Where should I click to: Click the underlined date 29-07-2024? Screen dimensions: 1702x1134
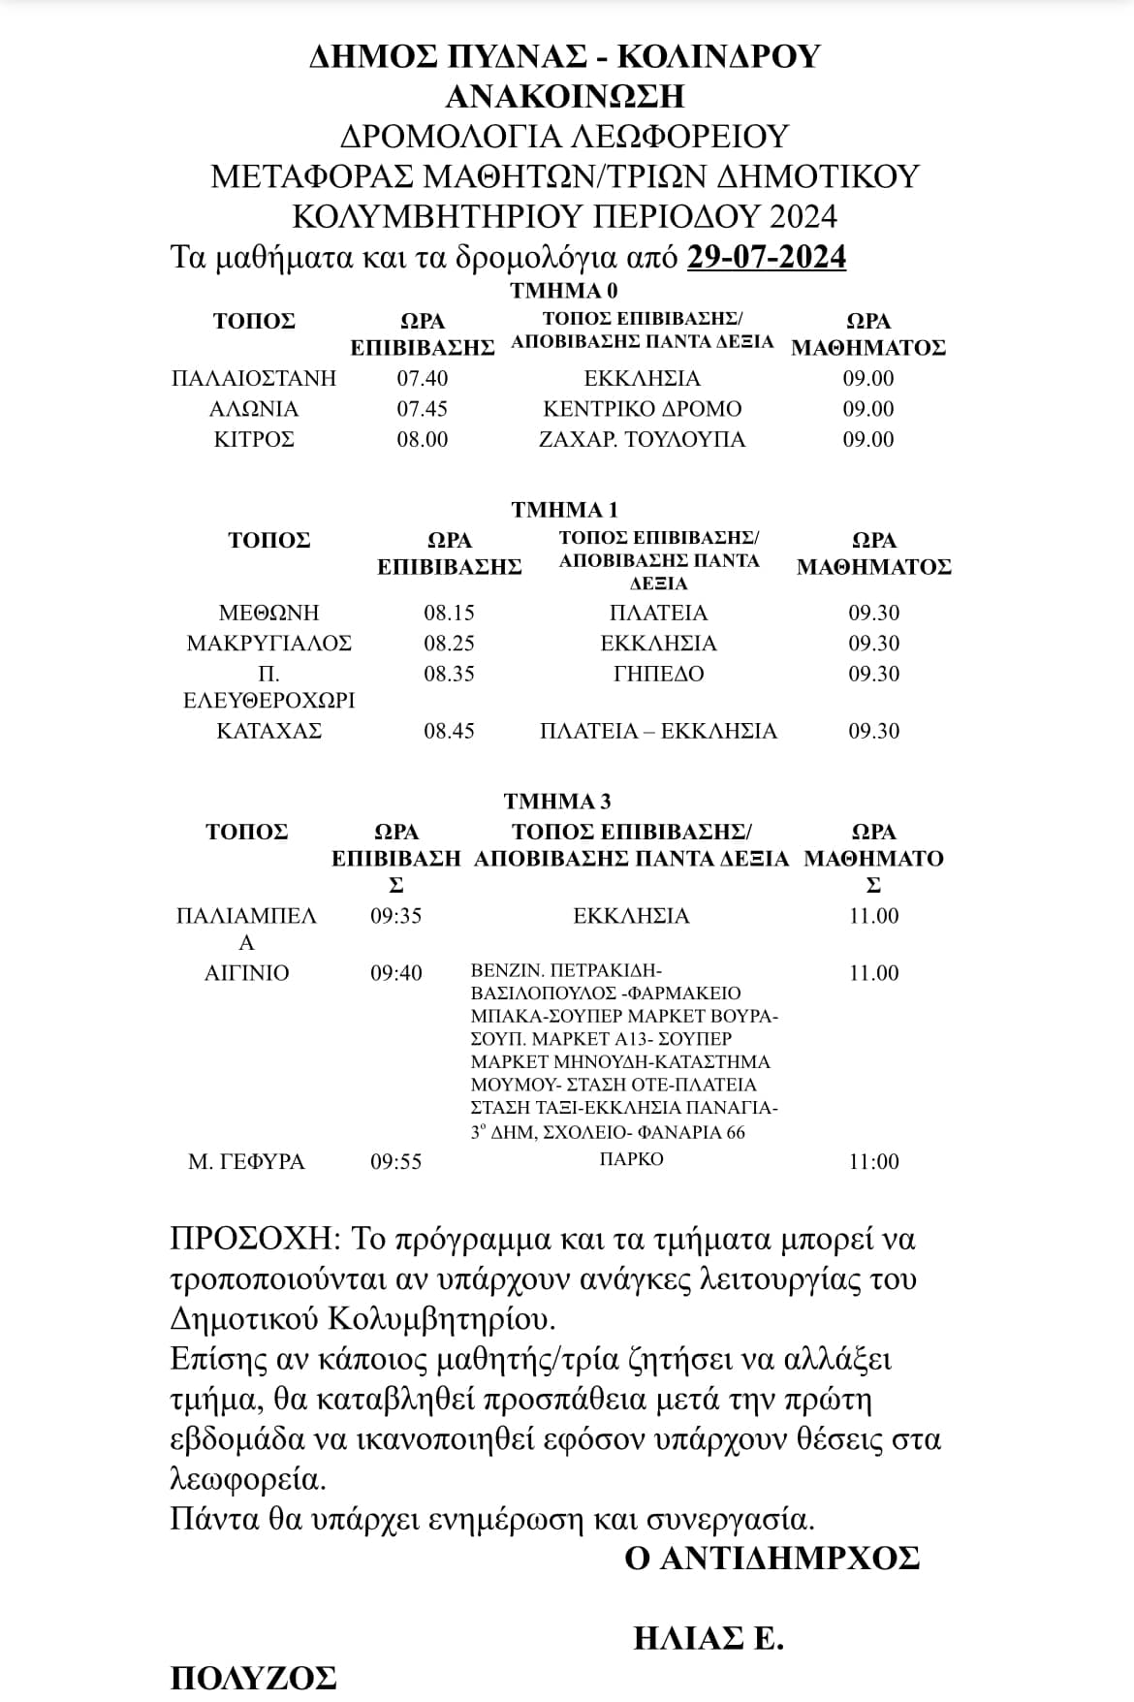click(x=766, y=257)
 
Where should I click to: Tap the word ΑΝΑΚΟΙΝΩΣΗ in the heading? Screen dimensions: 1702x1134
click(x=565, y=96)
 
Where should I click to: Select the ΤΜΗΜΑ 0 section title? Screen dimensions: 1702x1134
click(x=564, y=291)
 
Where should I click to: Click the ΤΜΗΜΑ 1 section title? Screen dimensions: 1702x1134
click(x=564, y=510)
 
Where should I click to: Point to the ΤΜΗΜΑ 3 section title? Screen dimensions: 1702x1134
click(x=557, y=802)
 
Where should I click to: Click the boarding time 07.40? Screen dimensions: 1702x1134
click(x=423, y=378)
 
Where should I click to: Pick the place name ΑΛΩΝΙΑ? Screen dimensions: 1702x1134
click(x=254, y=409)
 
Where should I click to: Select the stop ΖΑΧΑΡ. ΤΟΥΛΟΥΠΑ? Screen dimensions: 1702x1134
click(x=642, y=440)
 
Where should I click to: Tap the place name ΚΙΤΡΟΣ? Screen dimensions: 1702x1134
click(x=254, y=440)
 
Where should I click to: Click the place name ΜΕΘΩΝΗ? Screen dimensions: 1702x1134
click(x=268, y=614)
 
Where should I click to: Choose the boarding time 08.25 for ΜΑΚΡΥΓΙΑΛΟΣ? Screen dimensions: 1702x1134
click(x=449, y=644)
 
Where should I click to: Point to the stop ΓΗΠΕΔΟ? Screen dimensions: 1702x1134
click(x=659, y=674)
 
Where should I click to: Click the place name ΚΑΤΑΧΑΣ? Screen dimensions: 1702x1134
click(x=268, y=731)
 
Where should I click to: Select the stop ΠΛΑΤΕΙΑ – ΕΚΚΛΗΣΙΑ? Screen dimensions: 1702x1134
click(x=659, y=731)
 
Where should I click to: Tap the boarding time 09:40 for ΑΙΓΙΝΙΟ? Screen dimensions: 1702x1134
click(x=396, y=973)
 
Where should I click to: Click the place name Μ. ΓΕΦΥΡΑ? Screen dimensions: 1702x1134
click(x=246, y=1161)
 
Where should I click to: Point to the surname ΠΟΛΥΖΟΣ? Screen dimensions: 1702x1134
click(x=254, y=1678)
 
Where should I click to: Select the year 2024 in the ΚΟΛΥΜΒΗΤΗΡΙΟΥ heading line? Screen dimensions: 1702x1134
click(x=799, y=216)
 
